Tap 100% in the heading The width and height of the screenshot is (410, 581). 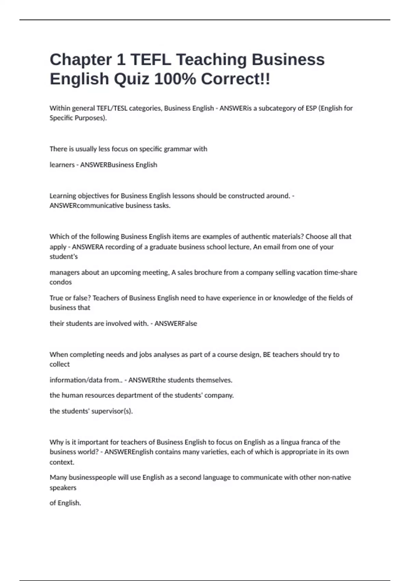pyautogui.click(x=175, y=79)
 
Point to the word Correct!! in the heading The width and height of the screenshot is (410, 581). pyautogui.click(x=235, y=79)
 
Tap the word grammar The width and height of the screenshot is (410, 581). pyautogui.click(x=178, y=149)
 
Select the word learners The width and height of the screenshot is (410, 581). pyautogui.click(x=62, y=165)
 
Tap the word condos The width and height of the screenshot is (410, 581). pyautogui.click(x=60, y=282)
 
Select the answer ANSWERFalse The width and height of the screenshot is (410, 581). pyautogui.click(x=176, y=323)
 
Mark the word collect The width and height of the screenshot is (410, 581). pyautogui.click(x=59, y=364)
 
